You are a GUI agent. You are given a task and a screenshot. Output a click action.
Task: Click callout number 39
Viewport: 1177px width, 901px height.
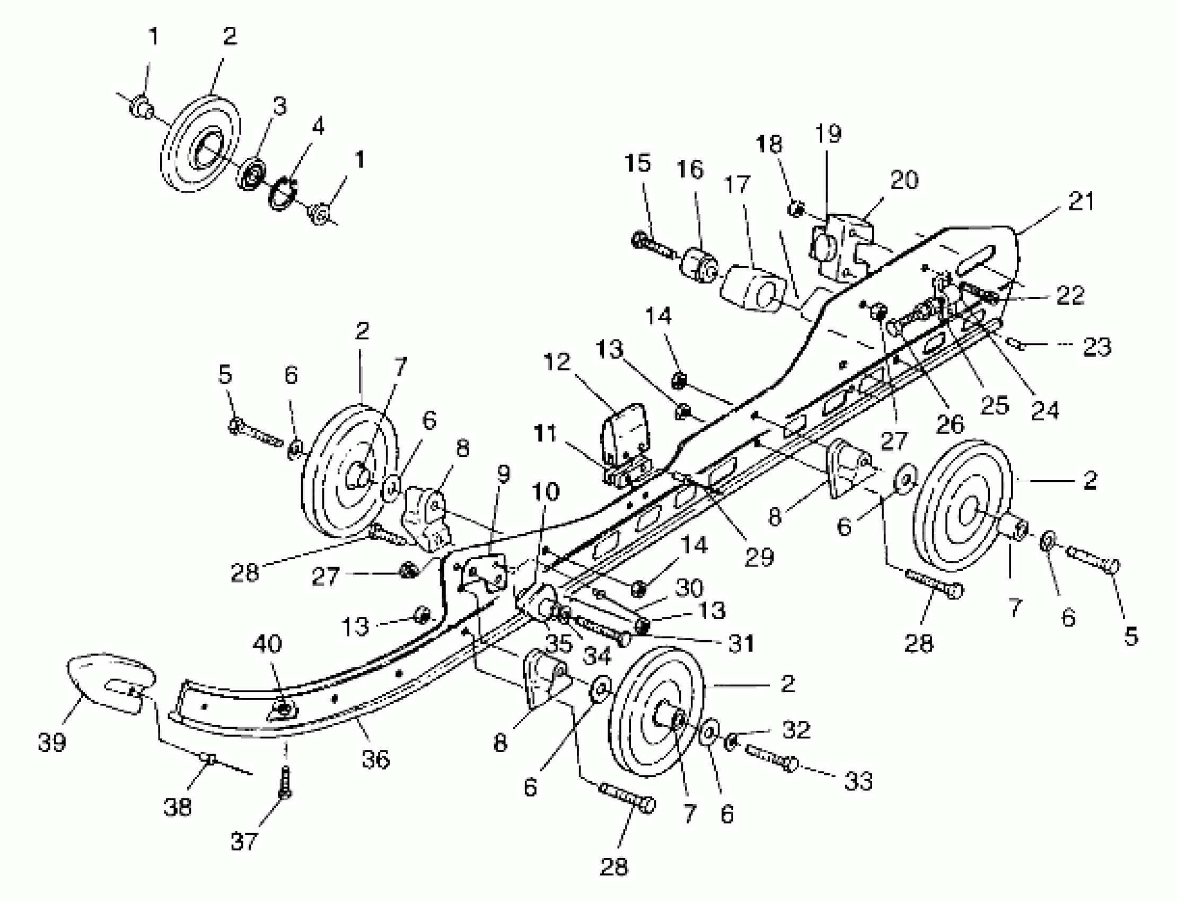(x=52, y=743)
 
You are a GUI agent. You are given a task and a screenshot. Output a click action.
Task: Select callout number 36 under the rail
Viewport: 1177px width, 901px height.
(x=375, y=759)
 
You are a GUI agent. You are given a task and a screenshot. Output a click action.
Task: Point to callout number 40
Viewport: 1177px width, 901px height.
(x=267, y=643)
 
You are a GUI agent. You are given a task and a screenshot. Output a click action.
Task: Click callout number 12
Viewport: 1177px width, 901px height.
(x=556, y=362)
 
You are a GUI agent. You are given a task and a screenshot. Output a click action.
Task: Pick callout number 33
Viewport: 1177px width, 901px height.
(x=859, y=781)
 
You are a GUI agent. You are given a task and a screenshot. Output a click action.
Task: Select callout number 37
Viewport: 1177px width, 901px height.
(x=244, y=841)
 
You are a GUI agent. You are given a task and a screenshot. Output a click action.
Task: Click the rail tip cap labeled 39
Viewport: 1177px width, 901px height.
(x=110, y=681)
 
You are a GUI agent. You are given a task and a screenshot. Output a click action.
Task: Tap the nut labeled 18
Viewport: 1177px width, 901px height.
(x=796, y=209)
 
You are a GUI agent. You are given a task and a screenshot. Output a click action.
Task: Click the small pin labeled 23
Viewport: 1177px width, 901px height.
(x=1016, y=344)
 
